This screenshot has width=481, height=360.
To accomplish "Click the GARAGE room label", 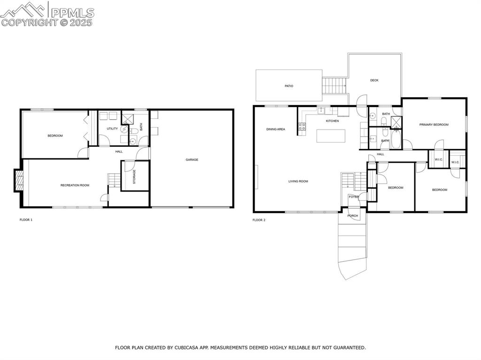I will point(192,160).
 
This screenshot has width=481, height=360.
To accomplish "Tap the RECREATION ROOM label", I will point(75,185).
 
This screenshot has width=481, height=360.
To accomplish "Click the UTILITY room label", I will point(112,128).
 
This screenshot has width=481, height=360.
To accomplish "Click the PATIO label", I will point(289,86).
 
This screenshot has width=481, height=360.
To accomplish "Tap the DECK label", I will point(374,80).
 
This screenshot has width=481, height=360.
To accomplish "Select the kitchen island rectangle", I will point(331,136).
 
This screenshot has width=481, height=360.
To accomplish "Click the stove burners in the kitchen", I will point(302,126).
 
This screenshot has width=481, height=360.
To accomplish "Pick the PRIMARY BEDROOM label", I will point(434,124).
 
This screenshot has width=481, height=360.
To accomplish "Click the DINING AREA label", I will point(276,129).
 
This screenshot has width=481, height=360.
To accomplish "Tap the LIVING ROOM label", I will point(298,181).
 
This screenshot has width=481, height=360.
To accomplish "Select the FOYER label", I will point(353,197).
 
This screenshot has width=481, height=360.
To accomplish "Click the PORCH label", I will point(352,215).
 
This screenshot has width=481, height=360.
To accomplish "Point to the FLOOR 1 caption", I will point(26,220).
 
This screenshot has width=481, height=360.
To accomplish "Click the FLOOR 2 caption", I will point(259,220).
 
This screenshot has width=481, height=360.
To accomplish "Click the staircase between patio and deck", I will point(334,86).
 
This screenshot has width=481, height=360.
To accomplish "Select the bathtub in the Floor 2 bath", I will point(396,139).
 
